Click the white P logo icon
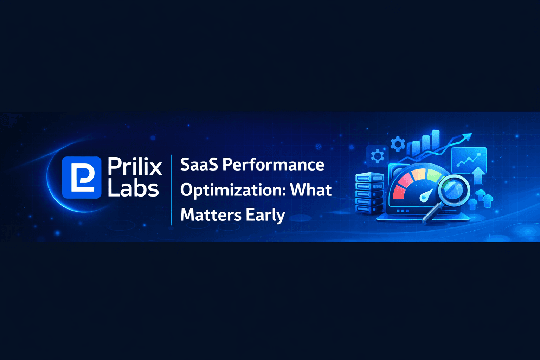(x=82, y=178)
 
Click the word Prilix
(x=135, y=166)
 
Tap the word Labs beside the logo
(x=133, y=189)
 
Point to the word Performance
(x=273, y=165)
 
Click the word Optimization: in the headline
(x=232, y=190)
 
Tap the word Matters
(x=210, y=215)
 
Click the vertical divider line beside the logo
(x=172, y=190)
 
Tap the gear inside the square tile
(x=377, y=156)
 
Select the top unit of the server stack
(x=369, y=177)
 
